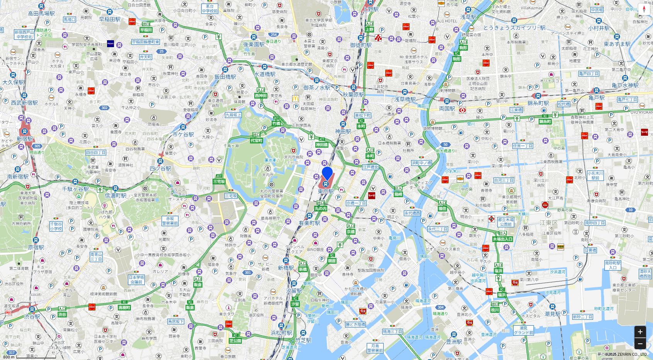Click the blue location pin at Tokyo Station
point(327,173)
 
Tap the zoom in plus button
point(640,332)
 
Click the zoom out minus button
point(640,343)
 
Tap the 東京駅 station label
point(326,191)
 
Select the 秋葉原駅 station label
point(354,94)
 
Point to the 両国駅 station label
point(447,109)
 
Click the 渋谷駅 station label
point(32,316)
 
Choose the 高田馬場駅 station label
point(41,13)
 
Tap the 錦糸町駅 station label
point(538,103)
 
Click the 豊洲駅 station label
point(454,341)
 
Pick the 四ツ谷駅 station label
point(160,169)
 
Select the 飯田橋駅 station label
point(225,77)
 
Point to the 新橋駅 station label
point(286,268)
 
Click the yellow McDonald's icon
point(296,99)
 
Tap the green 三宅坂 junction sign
point(219,181)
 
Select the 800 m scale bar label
point(9,357)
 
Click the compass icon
point(644,9)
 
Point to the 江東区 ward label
point(549,223)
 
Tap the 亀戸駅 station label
point(597,98)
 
